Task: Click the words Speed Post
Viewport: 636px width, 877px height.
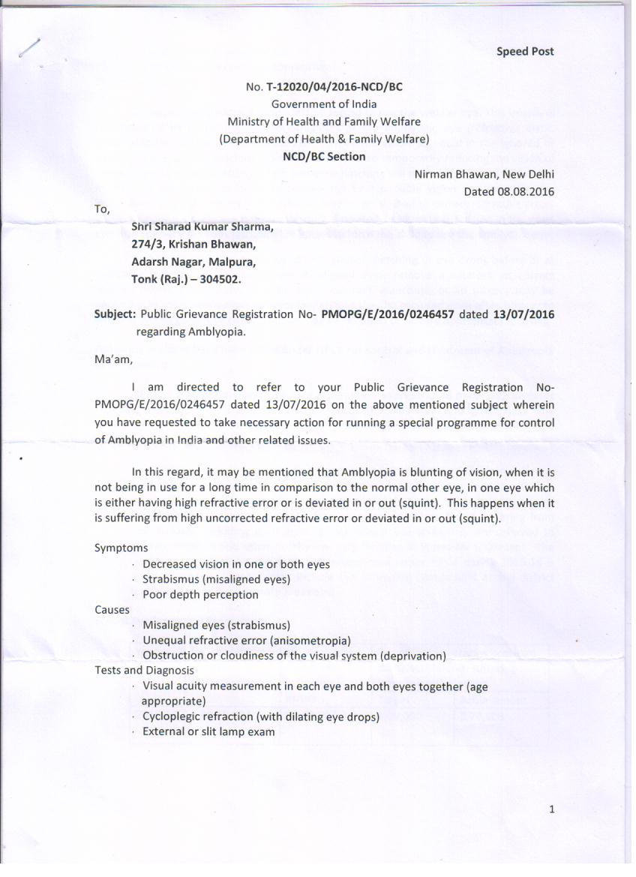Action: coord(525,51)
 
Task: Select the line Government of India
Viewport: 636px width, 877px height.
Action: coord(324,104)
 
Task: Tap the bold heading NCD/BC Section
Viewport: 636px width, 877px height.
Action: coord(324,157)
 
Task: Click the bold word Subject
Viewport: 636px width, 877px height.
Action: coord(114,314)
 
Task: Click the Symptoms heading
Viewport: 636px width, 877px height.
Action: coord(121,548)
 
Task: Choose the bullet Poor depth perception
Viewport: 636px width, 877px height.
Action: coord(200,595)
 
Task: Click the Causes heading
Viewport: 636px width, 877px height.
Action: coord(112,610)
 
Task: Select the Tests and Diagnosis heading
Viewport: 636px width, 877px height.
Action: coord(144,670)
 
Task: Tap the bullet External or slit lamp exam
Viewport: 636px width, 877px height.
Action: coord(208,731)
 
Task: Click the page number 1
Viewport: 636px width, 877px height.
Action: coord(551,809)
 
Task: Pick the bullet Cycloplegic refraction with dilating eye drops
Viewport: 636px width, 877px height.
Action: coord(260,716)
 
